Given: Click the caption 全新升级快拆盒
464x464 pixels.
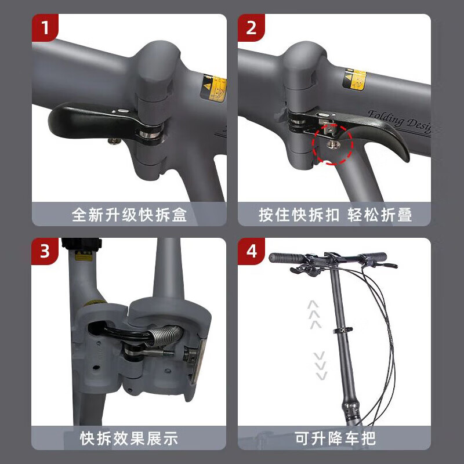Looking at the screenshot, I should click(129, 215).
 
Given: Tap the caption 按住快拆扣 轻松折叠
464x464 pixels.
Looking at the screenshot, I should click(335, 215).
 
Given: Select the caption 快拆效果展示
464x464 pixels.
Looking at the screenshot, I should click(129, 438).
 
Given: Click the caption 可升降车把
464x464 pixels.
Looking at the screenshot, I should click(335, 438).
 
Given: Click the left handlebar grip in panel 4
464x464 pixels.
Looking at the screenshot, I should click(286, 258).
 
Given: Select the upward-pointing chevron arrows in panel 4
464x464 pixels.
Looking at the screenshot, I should click(314, 314).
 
